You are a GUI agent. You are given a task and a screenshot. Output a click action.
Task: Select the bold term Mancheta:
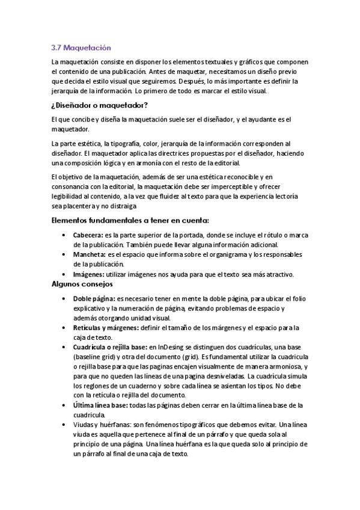89,255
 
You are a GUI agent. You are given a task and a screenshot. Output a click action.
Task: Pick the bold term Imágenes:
89,274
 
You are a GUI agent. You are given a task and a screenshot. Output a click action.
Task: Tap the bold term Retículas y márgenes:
105,328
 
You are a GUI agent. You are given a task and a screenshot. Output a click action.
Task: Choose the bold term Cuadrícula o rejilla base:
110,347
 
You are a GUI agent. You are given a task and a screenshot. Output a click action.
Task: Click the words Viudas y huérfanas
100,425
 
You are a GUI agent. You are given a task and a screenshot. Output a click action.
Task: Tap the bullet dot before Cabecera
64,236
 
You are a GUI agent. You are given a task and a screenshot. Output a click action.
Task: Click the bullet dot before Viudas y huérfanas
64,425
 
